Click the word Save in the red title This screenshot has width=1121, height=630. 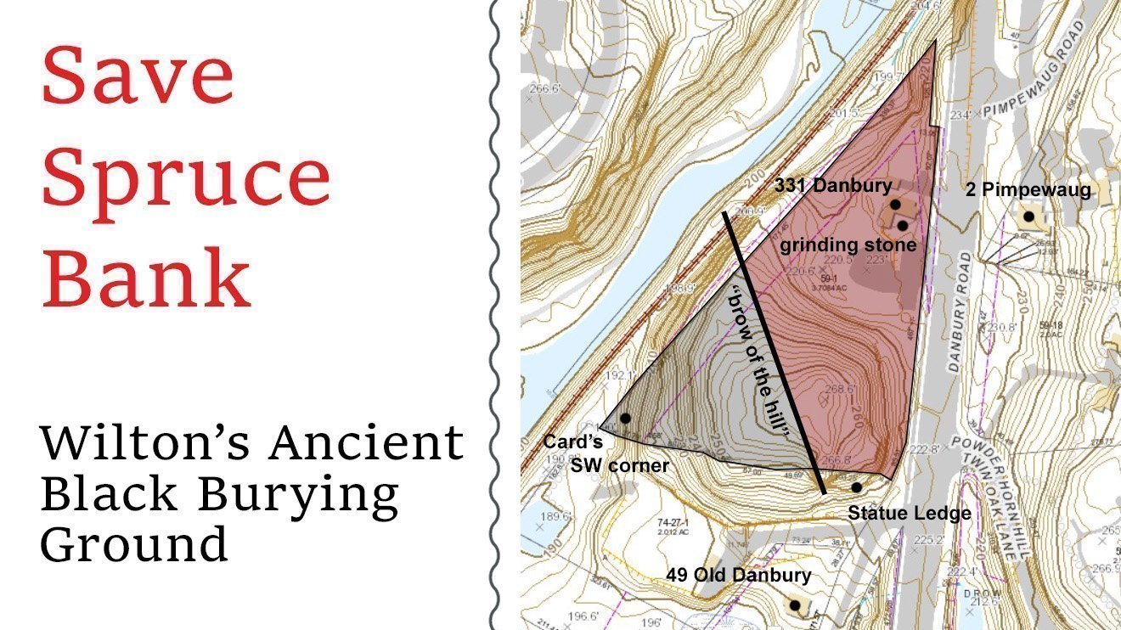(138, 76)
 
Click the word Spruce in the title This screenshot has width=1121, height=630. (186, 181)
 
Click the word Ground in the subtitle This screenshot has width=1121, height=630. (133, 543)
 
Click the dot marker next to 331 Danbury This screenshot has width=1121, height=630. (895, 205)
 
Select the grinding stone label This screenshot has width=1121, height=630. (848, 245)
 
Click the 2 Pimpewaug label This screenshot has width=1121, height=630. (1028, 190)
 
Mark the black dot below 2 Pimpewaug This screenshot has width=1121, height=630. (1028, 217)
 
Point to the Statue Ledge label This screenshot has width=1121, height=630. (910, 513)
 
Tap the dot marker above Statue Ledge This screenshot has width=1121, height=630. (857, 487)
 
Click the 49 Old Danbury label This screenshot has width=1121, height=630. (738, 575)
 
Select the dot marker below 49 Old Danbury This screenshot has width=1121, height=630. (795, 605)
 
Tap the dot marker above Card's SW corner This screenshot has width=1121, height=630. (626, 418)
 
